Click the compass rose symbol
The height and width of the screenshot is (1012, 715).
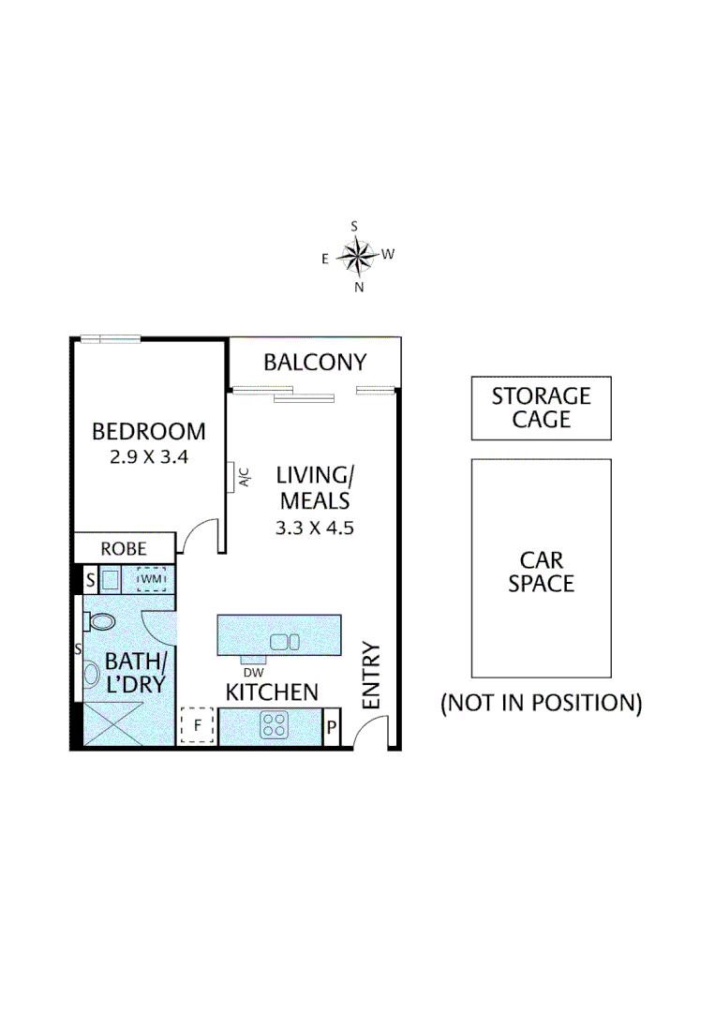point(355,254)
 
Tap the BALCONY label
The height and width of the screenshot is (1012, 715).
point(314,363)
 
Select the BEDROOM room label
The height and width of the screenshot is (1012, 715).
point(148,432)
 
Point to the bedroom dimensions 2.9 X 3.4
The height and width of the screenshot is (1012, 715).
point(148,458)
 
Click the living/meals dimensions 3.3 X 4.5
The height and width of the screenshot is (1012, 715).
point(314,528)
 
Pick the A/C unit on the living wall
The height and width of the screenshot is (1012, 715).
point(231,477)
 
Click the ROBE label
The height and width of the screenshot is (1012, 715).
point(124,548)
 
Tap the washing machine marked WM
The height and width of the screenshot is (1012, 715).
point(151,579)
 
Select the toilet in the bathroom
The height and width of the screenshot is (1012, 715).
point(99,621)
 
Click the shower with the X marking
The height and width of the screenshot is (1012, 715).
point(114,722)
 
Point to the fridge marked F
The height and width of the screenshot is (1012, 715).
point(198,724)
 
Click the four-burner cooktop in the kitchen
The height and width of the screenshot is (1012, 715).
point(274,724)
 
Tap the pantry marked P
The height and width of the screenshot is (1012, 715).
point(331,726)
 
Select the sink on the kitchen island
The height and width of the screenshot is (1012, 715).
point(284,642)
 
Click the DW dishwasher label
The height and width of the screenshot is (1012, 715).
point(252,671)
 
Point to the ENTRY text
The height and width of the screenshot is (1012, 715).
point(372,675)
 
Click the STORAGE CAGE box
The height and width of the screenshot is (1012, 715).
point(542,408)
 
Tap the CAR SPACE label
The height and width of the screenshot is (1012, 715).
point(542,572)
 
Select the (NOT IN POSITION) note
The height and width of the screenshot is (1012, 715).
point(542,703)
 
